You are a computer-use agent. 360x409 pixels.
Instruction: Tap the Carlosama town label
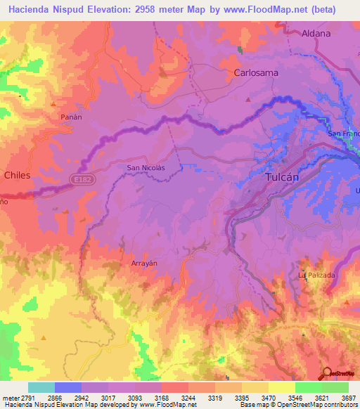pyautogui.click(x=256, y=72)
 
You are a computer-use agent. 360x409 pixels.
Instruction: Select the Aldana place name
pyautogui.click(x=316, y=32)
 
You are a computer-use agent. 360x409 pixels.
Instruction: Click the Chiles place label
pyautogui.click(x=18, y=175)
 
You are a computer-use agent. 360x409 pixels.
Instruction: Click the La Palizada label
pyautogui.click(x=316, y=275)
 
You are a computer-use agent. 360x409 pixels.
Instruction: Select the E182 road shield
pyautogui.click(x=81, y=181)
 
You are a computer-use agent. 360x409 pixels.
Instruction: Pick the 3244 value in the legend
pyautogui.click(x=187, y=397)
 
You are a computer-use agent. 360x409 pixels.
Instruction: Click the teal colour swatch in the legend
pyautogui.click(x=41, y=387)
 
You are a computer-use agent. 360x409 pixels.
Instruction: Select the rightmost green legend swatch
pyautogui.click(x=335, y=387)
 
